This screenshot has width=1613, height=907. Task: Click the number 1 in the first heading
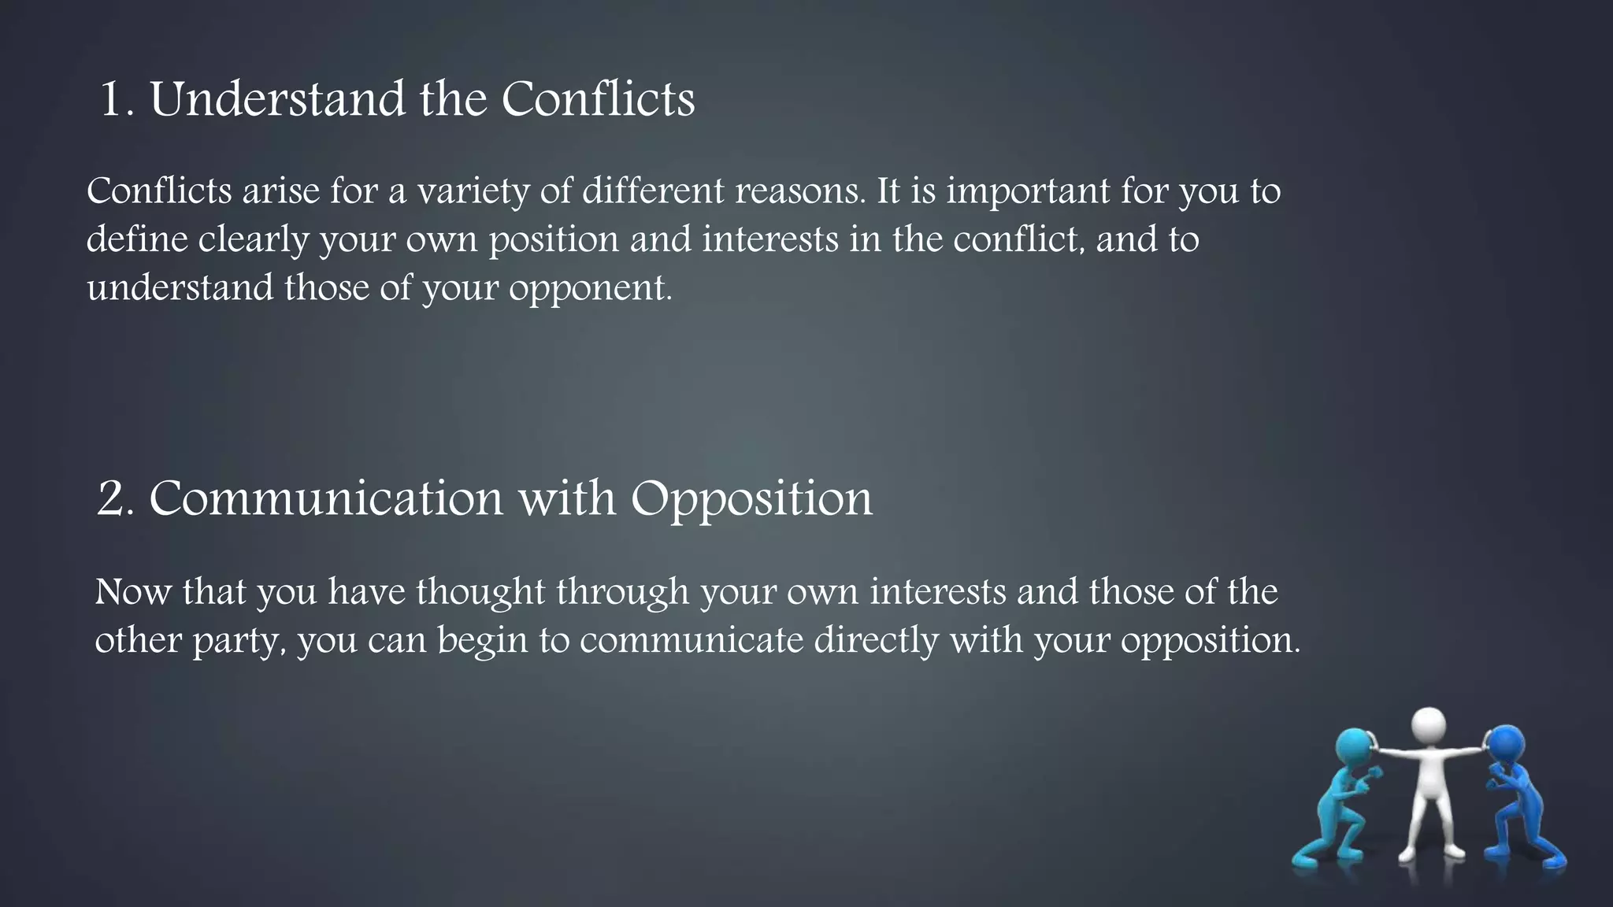click(x=111, y=100)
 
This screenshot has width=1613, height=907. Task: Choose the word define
click(x=137, y=239)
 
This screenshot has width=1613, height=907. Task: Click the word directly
click(x=876, y=640)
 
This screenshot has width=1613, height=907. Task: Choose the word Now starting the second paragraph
click(x=132, y=592)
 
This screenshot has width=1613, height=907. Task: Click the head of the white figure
click(x=1428, y=726)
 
